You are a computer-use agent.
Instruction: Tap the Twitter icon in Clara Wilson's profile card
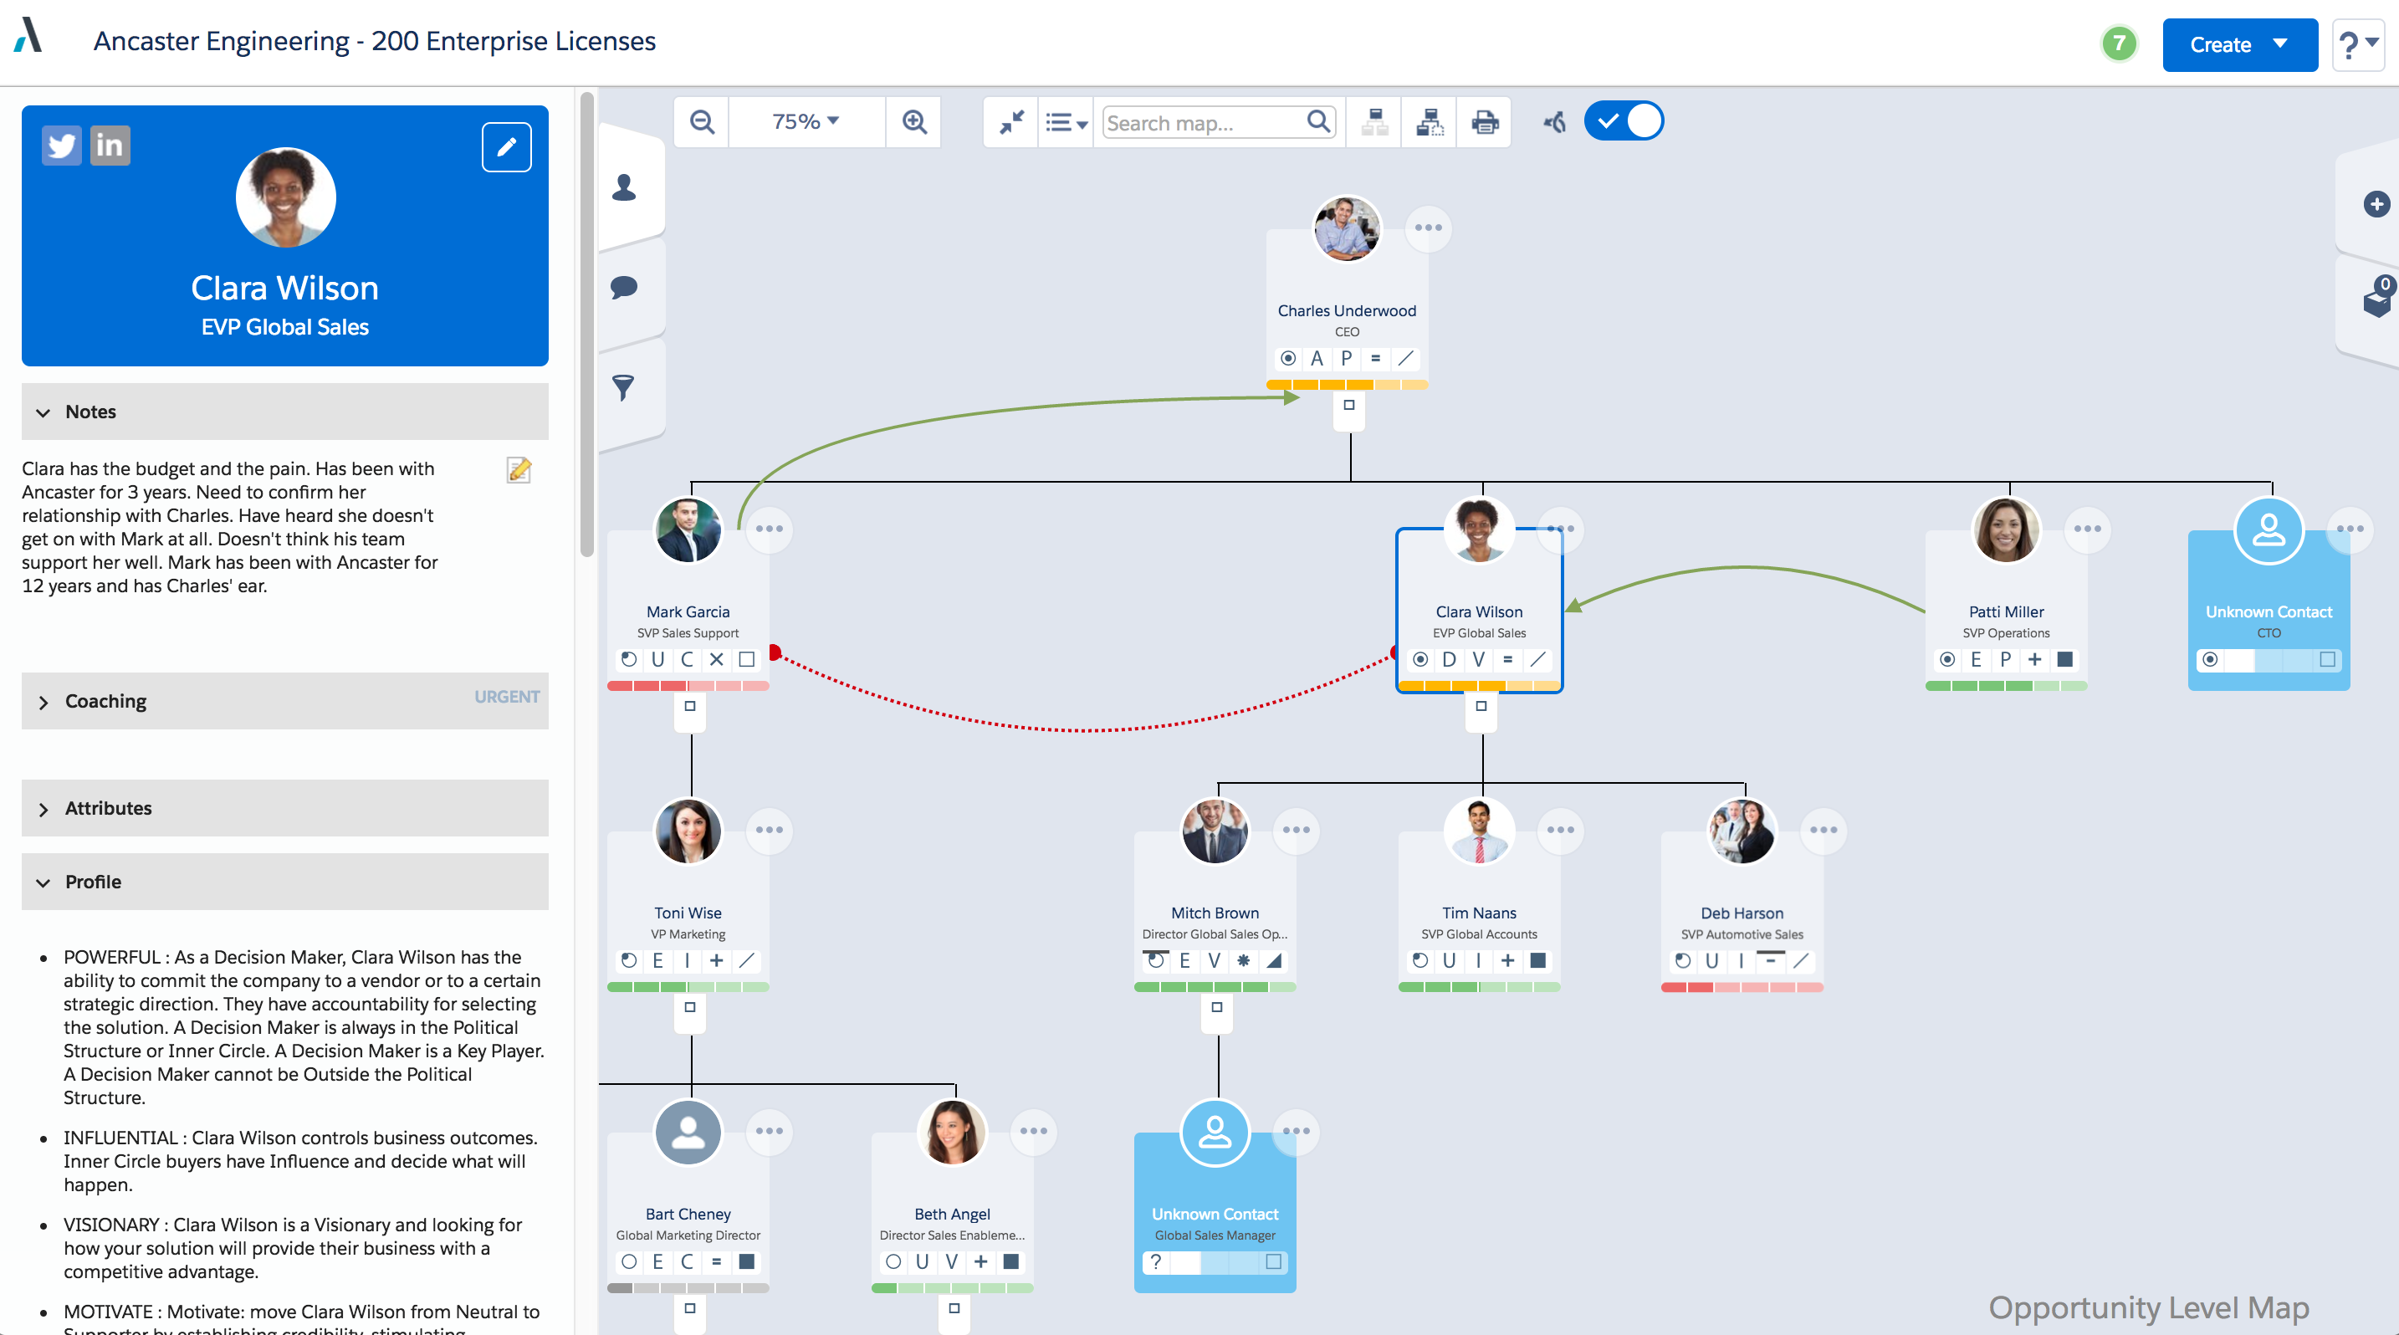61,146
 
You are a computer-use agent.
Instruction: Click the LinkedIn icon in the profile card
110,146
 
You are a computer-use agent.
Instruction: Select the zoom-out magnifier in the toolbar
702,122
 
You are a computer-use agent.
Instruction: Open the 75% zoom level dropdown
806,122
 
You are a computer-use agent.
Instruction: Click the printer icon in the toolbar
1485,122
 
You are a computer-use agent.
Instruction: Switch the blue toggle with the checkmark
1624,121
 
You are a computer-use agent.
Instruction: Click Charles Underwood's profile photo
1347,229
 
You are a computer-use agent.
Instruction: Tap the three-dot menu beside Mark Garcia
770,529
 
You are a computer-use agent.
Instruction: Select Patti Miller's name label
2006,611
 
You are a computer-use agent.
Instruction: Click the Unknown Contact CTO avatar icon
2269,530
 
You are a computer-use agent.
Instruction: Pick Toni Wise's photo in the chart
688,831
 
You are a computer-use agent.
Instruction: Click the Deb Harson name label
1742,913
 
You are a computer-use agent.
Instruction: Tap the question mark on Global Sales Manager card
1156,1261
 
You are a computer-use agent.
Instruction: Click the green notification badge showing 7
2119,43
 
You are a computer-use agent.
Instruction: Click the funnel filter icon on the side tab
623,387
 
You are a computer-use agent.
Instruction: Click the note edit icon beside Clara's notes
519,470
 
